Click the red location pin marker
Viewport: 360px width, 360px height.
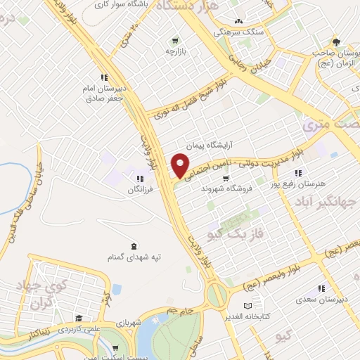(x=181, y=165)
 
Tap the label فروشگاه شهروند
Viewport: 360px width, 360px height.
(x=221, y=188)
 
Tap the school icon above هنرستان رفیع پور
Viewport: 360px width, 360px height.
(x=298, y=172)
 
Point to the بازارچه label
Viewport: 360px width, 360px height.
(x=174, y=51)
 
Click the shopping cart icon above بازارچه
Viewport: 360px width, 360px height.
(x=174, y=39)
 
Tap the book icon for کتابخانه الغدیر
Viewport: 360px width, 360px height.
(x=247, y=306)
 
